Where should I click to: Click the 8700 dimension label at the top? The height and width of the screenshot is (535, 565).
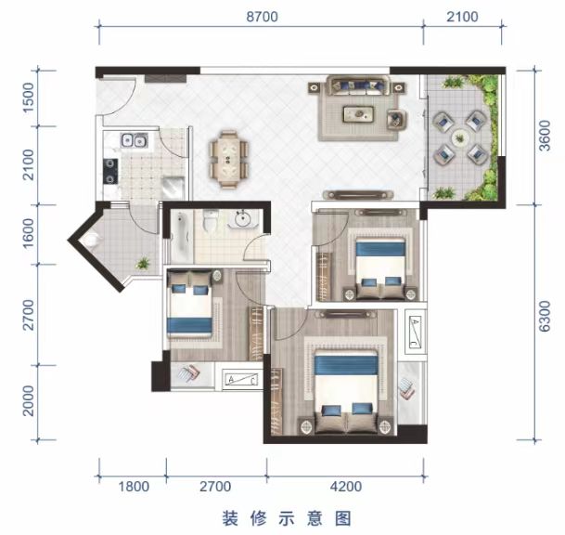tap(262, 17)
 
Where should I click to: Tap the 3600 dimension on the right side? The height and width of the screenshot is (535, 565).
tap(545, 136)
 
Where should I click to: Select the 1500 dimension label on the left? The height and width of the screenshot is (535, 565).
tap(28, 98)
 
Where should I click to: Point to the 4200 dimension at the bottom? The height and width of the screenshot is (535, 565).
tap(346, 487)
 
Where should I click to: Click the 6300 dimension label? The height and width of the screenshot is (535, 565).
tap(545, 316)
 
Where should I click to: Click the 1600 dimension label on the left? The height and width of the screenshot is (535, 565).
tap(28, 233)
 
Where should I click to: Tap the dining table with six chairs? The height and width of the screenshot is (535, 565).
tap(229, 160)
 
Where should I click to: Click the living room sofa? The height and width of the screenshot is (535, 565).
tap(358, 85)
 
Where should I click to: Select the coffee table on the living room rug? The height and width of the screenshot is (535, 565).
tap(358, 114)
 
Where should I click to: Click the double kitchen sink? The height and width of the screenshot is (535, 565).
tap(134, 140)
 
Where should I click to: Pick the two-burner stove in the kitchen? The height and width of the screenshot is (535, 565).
tap(110, 171)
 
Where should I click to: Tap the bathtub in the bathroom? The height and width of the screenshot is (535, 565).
tap(180, 236)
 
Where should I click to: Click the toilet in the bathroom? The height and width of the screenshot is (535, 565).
tap(210, 220)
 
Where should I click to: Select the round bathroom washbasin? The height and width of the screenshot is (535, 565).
tap(242, 218)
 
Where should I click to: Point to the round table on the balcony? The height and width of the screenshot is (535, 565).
tap(459, 137)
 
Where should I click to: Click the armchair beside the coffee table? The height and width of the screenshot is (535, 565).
tap(397, 120)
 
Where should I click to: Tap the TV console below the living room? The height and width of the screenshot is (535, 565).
tap(358, 195)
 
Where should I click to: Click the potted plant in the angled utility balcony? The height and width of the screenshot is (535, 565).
tap(143, 263)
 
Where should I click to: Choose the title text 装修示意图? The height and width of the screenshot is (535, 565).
tap(287, 519)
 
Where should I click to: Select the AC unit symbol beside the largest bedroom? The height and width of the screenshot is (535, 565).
tap(416, 333)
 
